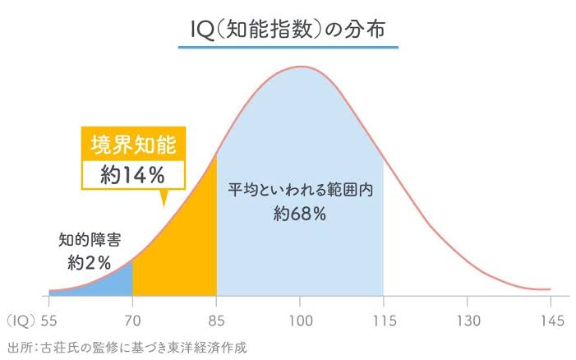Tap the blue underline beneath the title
pos(288,48)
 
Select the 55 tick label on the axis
pos(48,320)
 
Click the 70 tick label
pos(132,320)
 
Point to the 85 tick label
pos(216,320)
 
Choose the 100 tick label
pos(301,320)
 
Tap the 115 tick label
pos(384,320)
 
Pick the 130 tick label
pos(468,320)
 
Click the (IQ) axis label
pos(18,320)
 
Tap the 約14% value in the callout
pos(133,173)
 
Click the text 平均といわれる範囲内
pos(301,188)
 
